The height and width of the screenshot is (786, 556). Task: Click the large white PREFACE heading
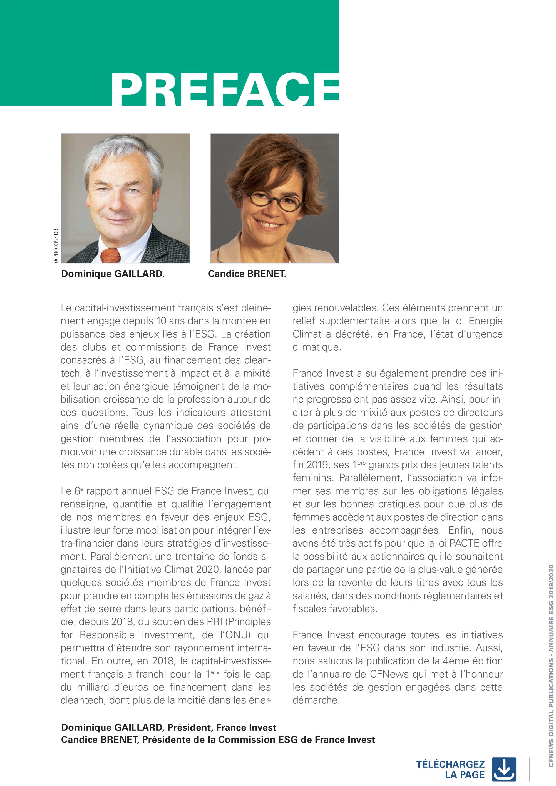point(225,90)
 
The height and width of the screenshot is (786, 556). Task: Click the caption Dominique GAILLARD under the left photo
point(113,274)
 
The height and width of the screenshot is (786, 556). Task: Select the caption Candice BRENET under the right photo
point(247,274)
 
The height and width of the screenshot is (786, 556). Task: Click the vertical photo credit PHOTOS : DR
point(56,246)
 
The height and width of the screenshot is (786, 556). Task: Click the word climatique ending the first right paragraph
point(316,347)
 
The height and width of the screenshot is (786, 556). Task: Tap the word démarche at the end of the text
point(316,700)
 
